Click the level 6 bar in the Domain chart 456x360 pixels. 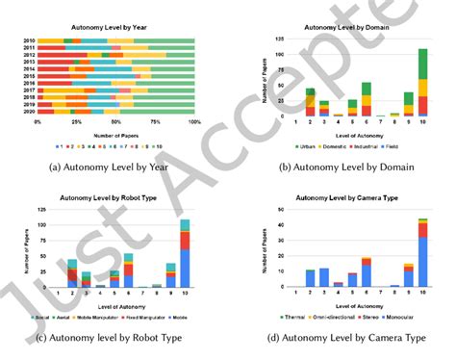coord(340,100)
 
